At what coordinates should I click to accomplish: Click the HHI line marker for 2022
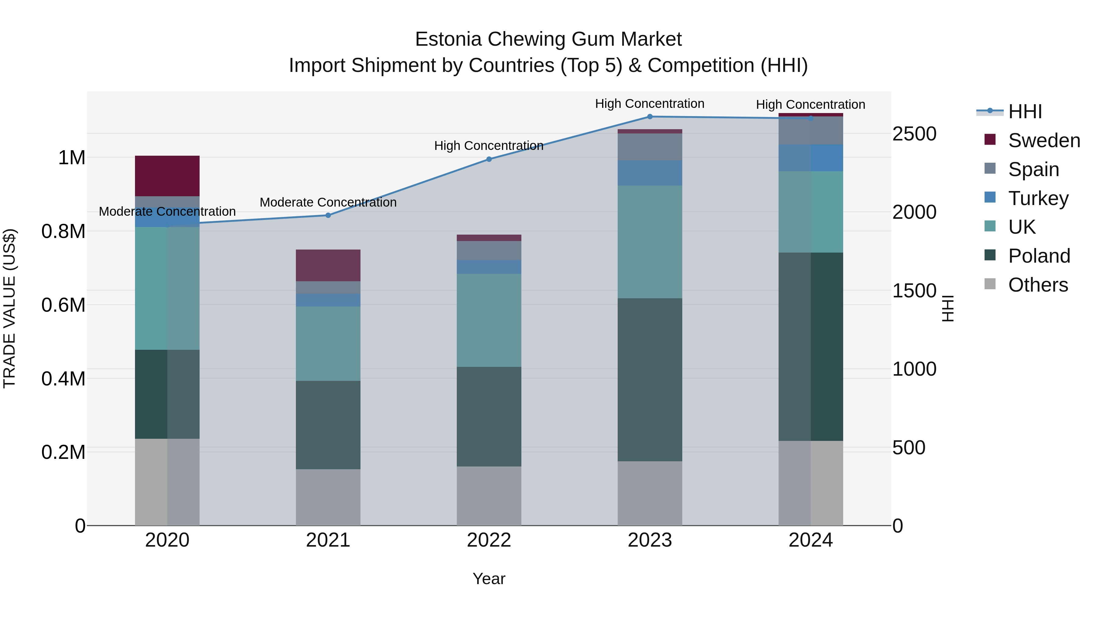(x=489, y=159)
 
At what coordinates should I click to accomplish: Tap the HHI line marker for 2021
(x=328, y=215)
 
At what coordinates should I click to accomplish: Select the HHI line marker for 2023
(x=650, y=117)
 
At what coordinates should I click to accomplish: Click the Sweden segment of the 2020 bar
(x=167, y=176)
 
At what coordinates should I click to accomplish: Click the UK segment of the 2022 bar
(x=489, y=320)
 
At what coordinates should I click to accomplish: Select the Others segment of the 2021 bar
(x=328, y=497)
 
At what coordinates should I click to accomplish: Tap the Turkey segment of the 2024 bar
(x=811, y=158)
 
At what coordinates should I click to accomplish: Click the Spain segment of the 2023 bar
(x=650, y=147)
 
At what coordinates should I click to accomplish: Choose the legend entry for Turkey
(x=1038, y=198)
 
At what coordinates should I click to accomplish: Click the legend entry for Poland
(x=1039, y=256)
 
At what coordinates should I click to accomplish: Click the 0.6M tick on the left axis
(x=63, y=305)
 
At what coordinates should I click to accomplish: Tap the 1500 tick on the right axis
(x=914, y=291)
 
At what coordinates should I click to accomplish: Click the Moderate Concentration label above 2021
(x=328, y=202)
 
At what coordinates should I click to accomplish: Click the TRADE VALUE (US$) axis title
(x=9, y=308)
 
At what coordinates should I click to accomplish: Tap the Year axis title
(x=489, y=579)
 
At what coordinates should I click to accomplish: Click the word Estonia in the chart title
(x=448, y=39)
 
